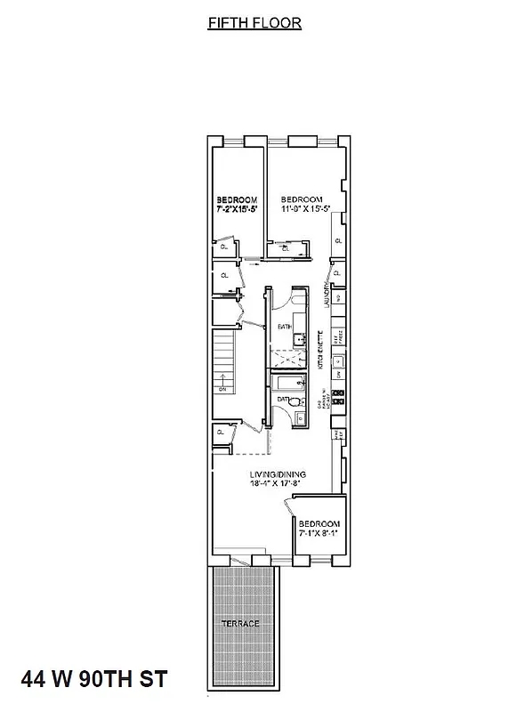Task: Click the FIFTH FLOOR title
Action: (254, 24)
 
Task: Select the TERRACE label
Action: (241, 623)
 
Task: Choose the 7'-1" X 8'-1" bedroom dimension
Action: (319, 534)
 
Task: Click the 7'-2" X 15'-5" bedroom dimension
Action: (238, 209)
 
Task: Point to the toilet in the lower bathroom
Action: (295, 401)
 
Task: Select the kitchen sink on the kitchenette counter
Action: (337, 362)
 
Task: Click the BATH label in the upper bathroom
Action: (284, 327)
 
